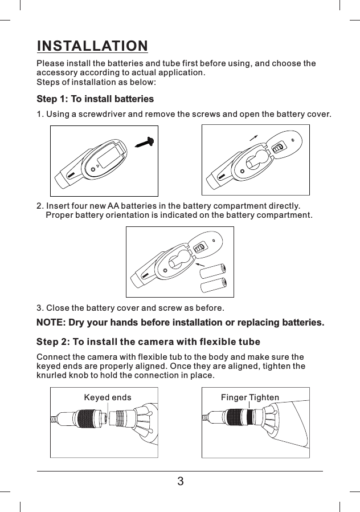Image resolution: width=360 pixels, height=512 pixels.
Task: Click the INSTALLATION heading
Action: click(92, 46)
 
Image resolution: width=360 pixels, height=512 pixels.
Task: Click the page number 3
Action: click(180, 481)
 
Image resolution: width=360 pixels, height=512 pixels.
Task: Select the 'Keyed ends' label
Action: click(107, 397)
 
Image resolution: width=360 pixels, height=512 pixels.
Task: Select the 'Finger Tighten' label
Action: click(250, 397)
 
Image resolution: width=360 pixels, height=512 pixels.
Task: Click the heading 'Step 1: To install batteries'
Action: click(95, 99)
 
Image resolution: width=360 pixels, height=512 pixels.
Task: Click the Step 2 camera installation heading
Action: click(148, 342)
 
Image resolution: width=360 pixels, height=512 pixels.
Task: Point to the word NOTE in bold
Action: click(50, 323)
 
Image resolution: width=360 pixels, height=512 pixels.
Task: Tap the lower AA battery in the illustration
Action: click(214, 283)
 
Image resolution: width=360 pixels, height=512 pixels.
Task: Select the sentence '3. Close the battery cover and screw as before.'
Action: click(130, 308)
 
